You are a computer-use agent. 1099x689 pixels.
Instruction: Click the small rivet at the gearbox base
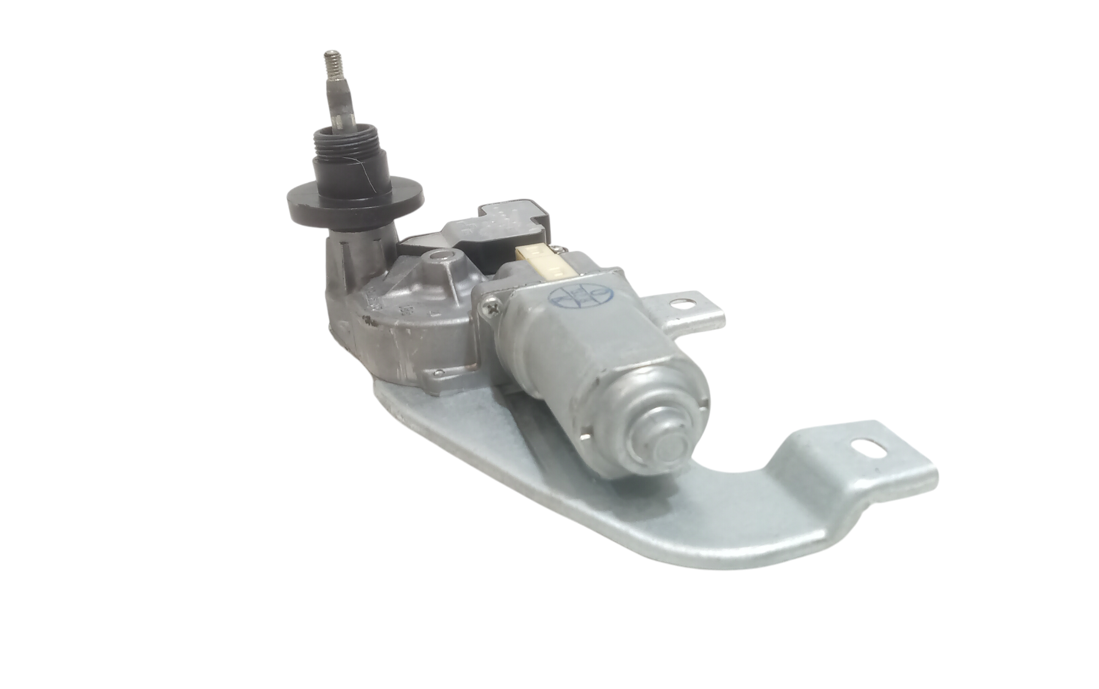[437, 374]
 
